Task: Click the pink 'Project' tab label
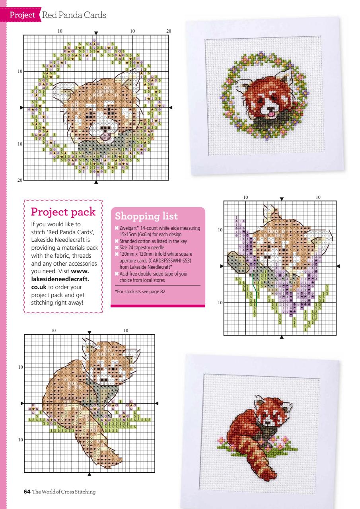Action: (22, 15)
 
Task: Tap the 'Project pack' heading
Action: (63, 211)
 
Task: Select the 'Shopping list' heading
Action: (146, 217)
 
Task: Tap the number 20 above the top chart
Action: (169, 31)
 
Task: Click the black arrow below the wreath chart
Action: (96, 183)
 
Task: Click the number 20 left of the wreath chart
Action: (19, 180)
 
